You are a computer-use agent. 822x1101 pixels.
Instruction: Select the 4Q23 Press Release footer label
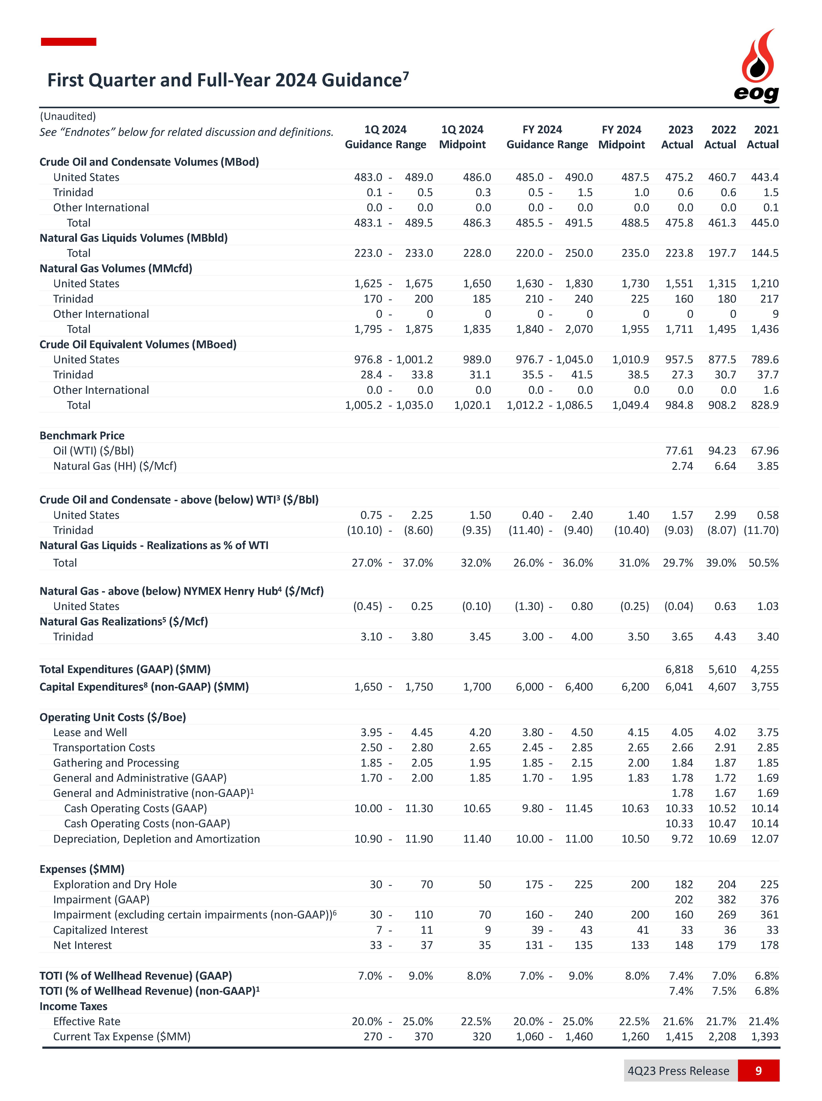click(678, 1070)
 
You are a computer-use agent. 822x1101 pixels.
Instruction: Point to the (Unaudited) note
click(68, 116)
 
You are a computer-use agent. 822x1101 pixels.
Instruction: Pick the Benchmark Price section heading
click(82, 435)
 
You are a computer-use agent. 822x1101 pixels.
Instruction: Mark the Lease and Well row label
click(90, 732)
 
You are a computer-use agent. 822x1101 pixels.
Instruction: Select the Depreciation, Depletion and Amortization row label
click(156, 839)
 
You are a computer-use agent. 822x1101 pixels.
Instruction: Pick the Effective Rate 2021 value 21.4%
click(763, 1021)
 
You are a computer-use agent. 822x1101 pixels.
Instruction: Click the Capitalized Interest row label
click(100, 930)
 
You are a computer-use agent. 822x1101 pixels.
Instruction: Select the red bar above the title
click(69, 42)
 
